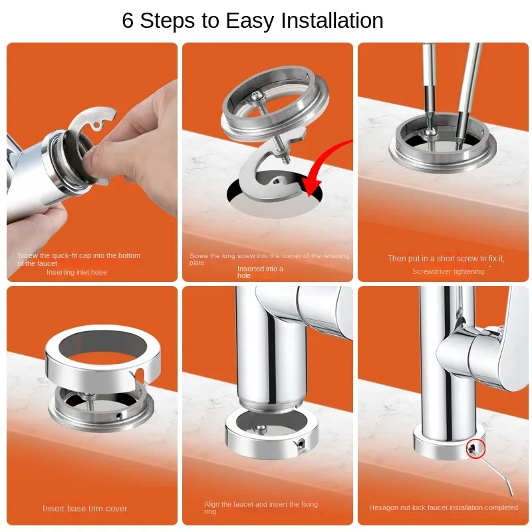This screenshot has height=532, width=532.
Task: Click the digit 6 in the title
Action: [128, 21]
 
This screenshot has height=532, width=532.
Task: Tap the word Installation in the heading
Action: [332, 21]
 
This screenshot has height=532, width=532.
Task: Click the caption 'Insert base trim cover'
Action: [85, 508]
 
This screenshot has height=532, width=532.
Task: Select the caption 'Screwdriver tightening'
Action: [448, 271]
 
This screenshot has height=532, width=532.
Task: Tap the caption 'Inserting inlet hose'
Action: [76, 272]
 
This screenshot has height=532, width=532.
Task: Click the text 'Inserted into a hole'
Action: [260, 272]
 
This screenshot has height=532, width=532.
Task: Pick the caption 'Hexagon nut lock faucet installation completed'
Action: [444, 507]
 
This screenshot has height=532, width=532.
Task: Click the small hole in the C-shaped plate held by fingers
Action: [96, 126]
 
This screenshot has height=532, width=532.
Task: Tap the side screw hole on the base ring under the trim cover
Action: [118, 415]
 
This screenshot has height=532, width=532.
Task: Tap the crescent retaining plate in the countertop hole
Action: [268, 176]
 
